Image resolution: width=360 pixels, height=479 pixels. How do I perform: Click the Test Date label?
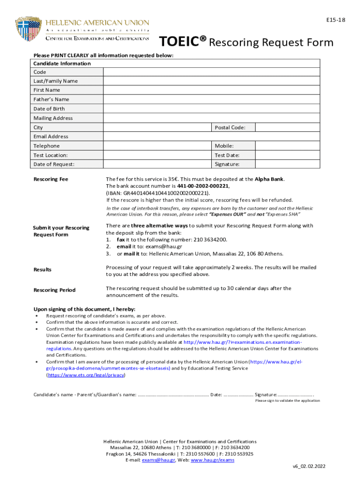[227, 155]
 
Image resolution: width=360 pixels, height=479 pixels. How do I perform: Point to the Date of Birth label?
[49, 109]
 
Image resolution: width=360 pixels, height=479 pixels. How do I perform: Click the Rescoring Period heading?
[54, 290]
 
